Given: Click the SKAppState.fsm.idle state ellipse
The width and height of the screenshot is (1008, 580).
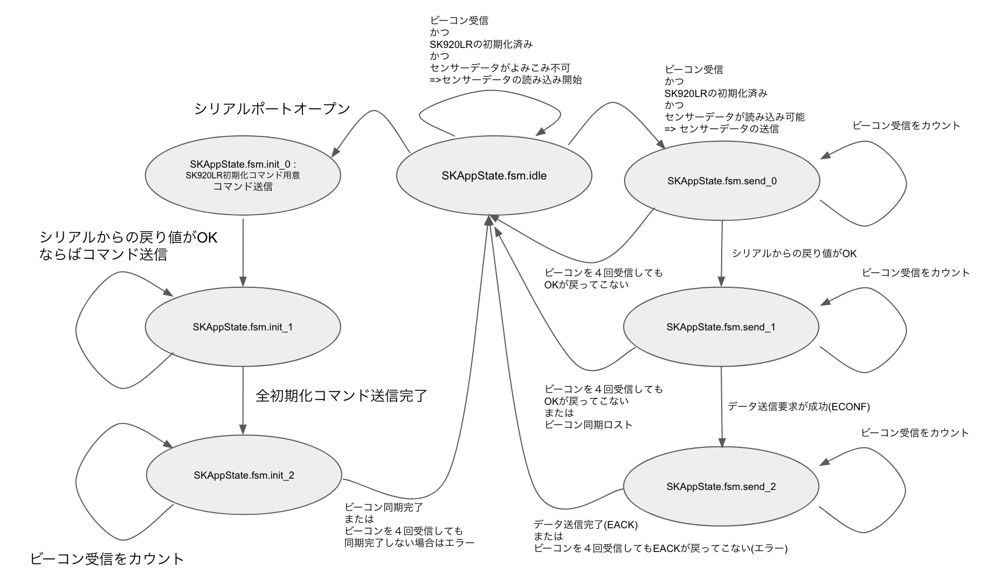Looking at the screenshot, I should click(x=494, y=176).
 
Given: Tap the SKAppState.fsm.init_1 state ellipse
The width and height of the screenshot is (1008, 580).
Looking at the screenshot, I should click(x=243, y=327).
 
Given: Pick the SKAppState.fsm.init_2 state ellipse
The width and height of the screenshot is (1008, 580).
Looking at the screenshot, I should click(x=244, y=475).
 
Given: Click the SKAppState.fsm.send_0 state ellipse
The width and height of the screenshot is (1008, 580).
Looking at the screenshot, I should click(x=722, y=181).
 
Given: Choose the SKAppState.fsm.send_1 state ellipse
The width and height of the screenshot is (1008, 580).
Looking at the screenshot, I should click(x=721, y=327).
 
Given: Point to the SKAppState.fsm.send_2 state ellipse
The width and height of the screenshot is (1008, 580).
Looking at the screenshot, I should click(x=721, y=487).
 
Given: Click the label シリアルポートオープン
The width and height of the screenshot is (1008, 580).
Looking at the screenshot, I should click(x=272, y=109).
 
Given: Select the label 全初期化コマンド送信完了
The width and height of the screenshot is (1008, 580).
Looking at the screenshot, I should click(x=341, y=396).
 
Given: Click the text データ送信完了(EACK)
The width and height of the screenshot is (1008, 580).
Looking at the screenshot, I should click(x=585, y=524).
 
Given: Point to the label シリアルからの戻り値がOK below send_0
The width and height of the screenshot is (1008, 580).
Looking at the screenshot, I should click(x=794, y=253).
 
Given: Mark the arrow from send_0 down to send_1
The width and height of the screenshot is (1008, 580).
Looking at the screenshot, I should click(x=722, y=253).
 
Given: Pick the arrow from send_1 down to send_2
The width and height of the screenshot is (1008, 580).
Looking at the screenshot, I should click(x=722, y=407).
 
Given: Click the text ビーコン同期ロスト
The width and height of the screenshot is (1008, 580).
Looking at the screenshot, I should click(x=589, y=425).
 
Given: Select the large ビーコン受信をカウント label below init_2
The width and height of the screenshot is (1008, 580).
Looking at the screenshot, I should click(x=107, y=559).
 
